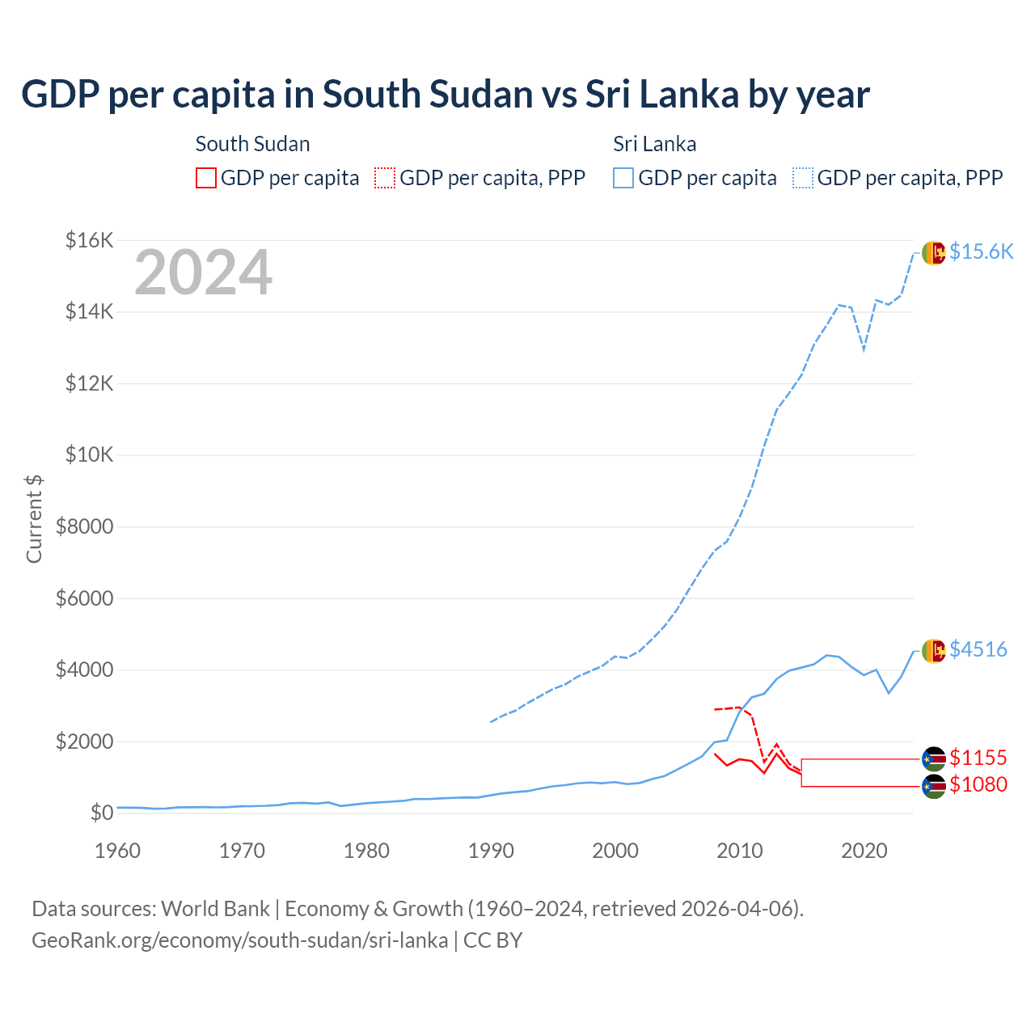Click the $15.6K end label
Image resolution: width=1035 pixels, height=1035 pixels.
coord(981,252)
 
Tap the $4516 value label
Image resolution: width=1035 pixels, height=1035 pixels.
coord(978,649)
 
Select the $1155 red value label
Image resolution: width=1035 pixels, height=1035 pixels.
coord(978,758)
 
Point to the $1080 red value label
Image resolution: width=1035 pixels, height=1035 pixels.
coord(978,784)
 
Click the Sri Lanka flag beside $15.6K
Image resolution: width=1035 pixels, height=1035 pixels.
coord(934,252)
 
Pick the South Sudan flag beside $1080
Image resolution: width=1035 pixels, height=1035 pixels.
coord(934,785)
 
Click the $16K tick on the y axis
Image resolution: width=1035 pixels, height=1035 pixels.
coord(89,240)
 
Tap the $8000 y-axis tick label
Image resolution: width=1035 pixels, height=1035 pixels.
coord(84,526)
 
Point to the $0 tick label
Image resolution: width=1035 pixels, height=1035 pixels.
coord(101,813)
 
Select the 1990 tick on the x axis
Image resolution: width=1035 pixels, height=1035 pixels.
coord(491,851)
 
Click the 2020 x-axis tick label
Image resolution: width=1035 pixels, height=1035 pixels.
coord(864,851)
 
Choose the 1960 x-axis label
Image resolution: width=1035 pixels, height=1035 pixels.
coord(118,851)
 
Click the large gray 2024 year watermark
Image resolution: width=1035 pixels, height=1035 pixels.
coord(203,272)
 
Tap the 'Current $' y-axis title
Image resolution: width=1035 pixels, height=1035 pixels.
coord(34,518)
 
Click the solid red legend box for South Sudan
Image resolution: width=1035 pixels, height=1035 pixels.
coord(206,178)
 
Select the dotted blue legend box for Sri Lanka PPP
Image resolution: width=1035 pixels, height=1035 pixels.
coord(803,178)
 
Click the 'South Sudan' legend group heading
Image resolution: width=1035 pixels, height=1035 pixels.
coord(252,144)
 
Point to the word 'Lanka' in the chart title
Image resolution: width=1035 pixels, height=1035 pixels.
coord(690,95)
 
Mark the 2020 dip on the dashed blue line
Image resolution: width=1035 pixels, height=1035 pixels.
coord(864,350)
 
